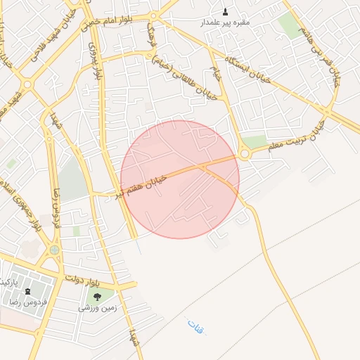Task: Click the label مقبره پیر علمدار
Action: point(226,22)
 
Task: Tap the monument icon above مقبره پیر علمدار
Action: point(225,11)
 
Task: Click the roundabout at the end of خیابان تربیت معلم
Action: point(245,153)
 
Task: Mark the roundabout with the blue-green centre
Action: point(54,250)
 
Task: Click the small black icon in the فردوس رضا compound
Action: point(27,291)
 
